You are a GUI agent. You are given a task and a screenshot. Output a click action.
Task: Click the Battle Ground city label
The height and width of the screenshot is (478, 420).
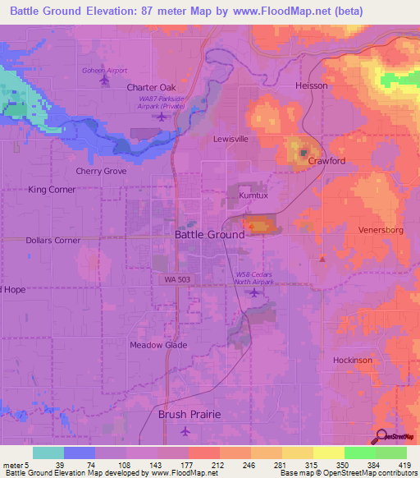coord(209,234)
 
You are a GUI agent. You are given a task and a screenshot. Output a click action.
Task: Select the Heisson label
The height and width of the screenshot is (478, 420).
coord(311,85)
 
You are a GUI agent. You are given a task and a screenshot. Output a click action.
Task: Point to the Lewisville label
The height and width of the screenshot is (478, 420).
coord(231,139)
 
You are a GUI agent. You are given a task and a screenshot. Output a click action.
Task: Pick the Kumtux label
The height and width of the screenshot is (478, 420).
coord(253,197)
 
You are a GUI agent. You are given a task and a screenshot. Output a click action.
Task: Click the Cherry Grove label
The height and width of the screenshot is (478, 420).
coord(101,172)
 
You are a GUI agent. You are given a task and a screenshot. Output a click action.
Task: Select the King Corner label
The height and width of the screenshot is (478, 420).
coord(52,190)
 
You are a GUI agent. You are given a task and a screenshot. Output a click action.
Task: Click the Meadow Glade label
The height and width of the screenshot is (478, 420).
coord(158,345)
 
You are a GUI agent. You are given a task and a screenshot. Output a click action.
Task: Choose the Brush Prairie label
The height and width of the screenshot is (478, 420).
coord(189,415)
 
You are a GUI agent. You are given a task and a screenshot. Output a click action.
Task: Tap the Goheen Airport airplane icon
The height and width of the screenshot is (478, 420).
coord(103,80)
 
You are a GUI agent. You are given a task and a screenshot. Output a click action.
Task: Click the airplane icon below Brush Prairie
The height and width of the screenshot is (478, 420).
coord(186,430)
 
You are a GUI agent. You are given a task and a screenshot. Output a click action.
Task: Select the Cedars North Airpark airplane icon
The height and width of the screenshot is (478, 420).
coord(255,292)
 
